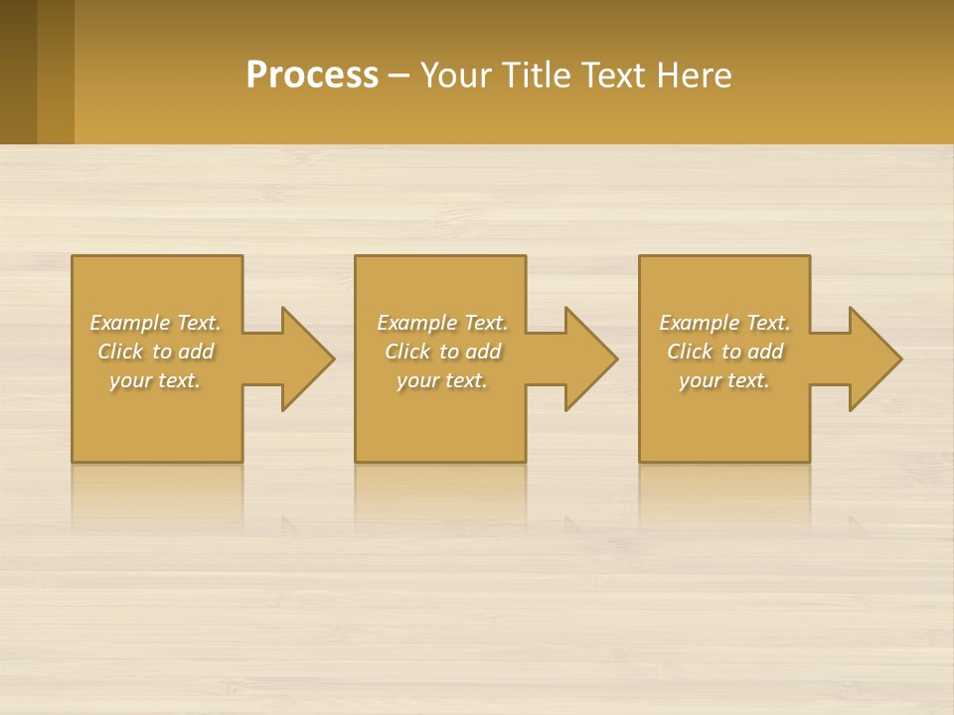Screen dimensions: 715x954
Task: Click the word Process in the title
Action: (x=312, y=75)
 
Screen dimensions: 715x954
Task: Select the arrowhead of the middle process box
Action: (x=590, y=358)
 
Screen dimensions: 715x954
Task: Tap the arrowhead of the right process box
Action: (x=874, y=358)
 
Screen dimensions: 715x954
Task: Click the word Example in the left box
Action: (x=130, y=323)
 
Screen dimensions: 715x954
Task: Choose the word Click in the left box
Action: (x=120, y=352)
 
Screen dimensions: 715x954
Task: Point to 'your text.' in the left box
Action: (x=155, y=380)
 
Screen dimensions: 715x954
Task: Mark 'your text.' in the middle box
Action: (x=442, y=380)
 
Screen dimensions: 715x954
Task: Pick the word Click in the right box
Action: (x=690, y=352)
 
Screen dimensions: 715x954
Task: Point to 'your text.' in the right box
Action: (x=724, y=380)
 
